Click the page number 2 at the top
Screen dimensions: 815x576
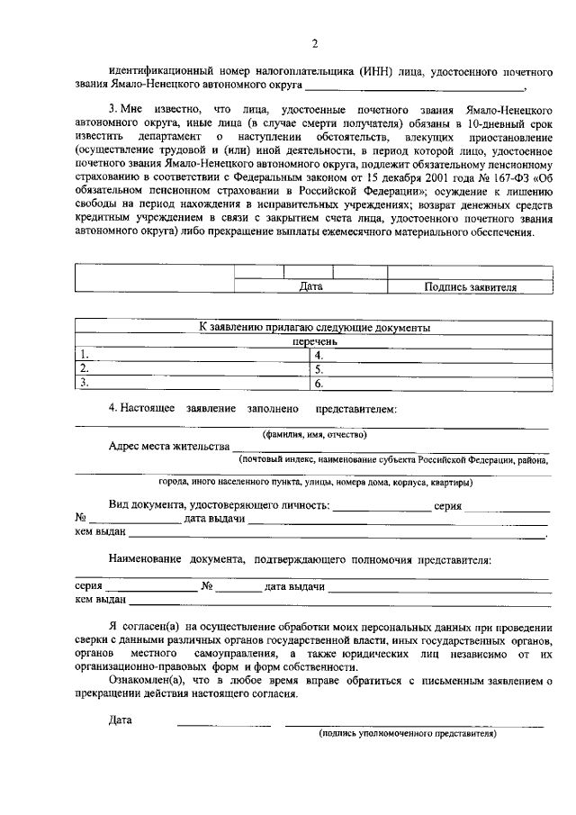coord(314,43)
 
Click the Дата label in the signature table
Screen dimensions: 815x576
coord(310,286)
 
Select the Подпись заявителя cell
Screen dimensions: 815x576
coord(470,286)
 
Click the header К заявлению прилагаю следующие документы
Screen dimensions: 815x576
coord(314,328)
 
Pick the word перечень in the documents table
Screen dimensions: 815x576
coord(314,342)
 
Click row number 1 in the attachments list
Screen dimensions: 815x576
coord(84,355)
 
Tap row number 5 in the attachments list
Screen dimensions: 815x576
coord(319,368)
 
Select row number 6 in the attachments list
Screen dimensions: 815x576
coord(319,383)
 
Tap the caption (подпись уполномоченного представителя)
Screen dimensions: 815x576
coord(407,734)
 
